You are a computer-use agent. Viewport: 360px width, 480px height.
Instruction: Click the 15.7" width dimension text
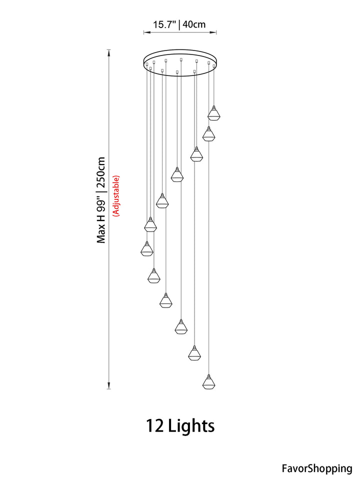pos(164,24)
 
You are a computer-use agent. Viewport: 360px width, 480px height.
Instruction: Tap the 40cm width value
pos(194,24)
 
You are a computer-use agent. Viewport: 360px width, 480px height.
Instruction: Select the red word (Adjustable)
pos(116,196)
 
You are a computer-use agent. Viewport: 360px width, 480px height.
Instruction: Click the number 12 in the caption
pos(154,426)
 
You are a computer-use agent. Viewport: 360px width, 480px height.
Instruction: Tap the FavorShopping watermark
pos(317,468)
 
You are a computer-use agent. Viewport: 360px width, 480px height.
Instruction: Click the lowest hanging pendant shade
pos(209,382)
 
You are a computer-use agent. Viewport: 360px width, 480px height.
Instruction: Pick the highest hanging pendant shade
pos(213,113)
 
